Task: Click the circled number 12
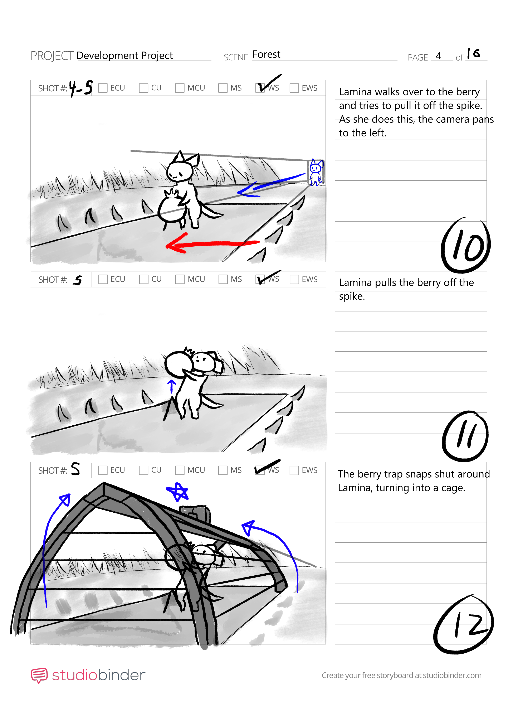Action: point(464,624)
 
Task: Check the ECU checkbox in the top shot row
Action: point(103,88)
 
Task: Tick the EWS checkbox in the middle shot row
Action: point(294,279)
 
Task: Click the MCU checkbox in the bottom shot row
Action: point(180,470)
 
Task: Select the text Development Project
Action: point(124,55)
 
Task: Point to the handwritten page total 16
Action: point(473,53)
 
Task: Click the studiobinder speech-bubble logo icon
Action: point(39,675)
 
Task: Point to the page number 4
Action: point(438,56)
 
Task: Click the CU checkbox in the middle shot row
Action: point(144,279)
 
